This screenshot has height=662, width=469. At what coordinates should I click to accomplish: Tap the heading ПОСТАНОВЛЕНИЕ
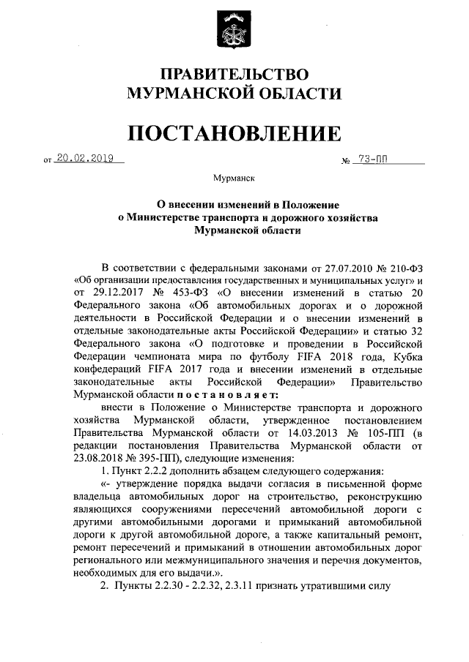[x=234, y=132]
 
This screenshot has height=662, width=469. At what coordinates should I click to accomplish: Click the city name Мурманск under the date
[x=234, y=178]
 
